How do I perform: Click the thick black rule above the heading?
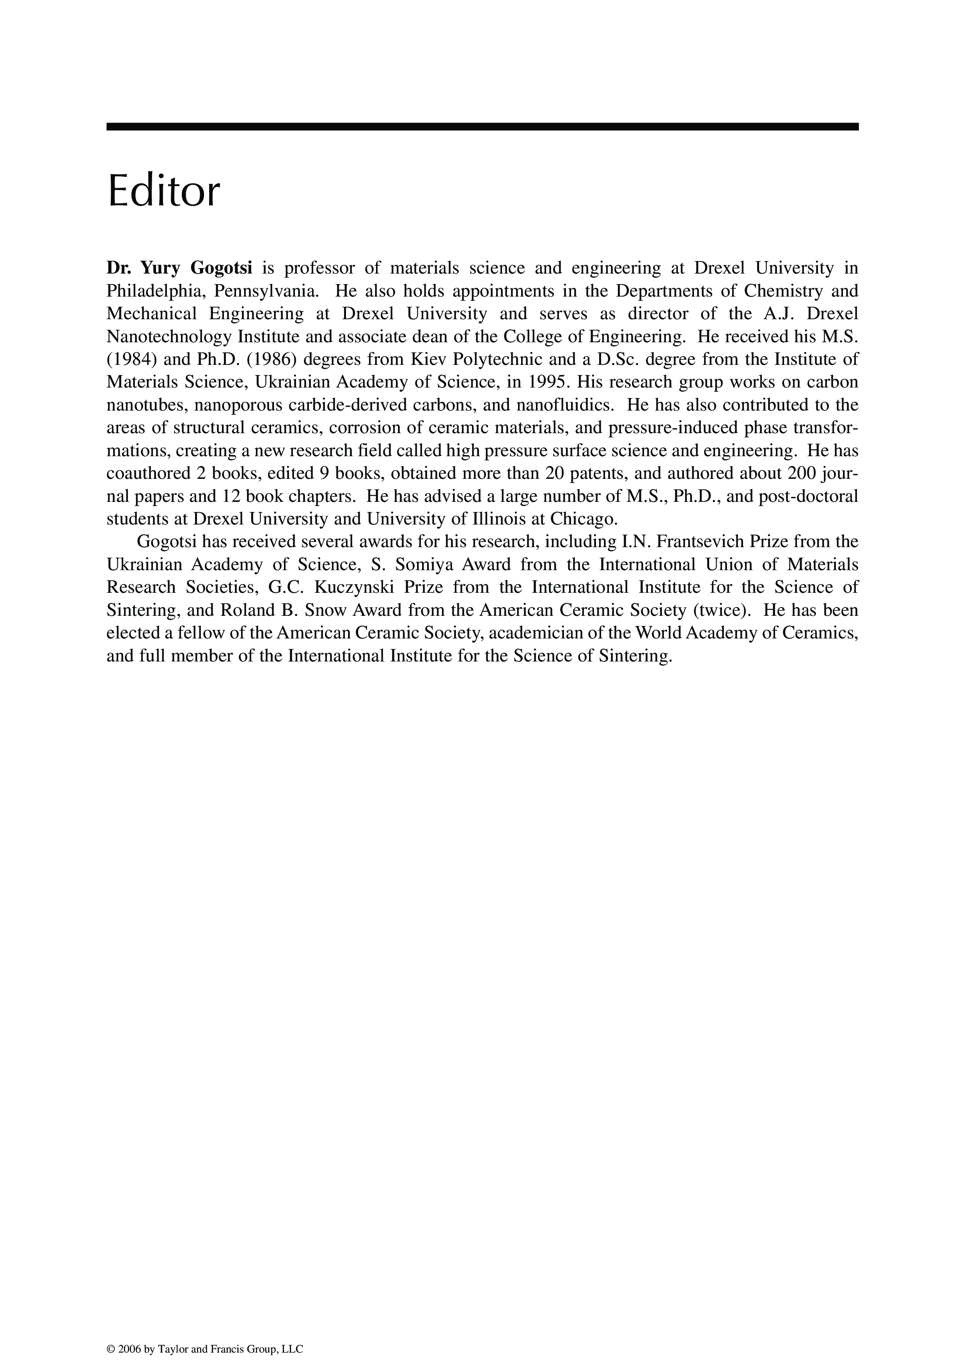(x=483, y=126)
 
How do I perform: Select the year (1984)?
(x=128, y=359)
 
